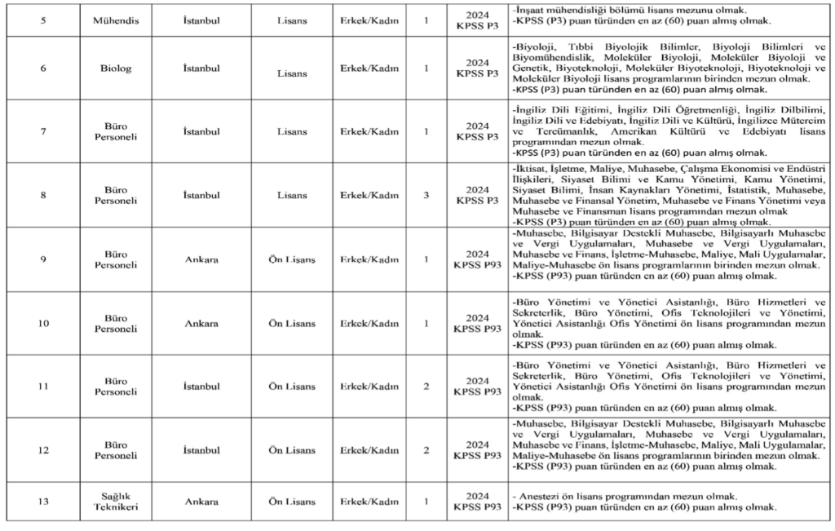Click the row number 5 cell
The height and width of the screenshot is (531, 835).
[42, 19]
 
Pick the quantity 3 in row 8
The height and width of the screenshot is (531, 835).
[426, 195]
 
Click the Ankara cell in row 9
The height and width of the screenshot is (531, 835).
[201, 259]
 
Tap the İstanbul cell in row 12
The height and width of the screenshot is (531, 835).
[201, 449]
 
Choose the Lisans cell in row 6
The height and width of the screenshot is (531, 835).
[292, 73]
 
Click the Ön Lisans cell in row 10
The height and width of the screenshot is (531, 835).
[292, 324]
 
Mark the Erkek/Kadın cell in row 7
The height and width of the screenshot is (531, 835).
[369, 131]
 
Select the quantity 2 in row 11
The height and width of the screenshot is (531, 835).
[426, 386]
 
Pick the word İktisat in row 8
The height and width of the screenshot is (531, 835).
[533, 168]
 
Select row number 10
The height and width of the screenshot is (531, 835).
[42, 324]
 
